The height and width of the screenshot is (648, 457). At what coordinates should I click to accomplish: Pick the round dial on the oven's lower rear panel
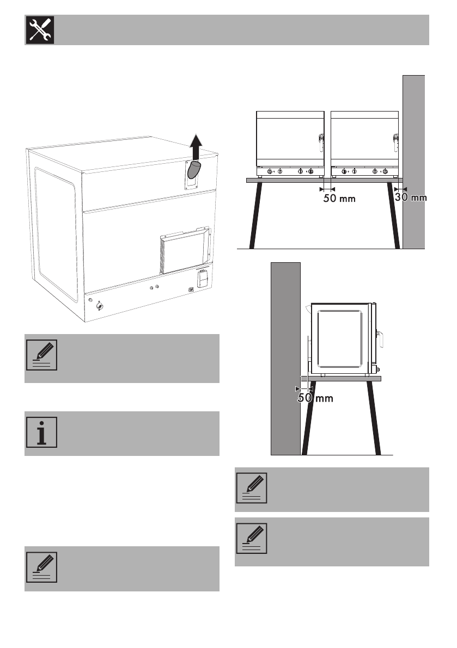99,306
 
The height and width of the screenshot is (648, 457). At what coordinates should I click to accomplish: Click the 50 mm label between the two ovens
339,199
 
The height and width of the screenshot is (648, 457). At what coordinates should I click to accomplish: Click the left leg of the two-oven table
256,215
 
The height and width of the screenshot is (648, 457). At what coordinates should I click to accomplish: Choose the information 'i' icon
40,434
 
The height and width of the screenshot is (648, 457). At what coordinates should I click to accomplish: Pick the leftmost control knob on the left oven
271,172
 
